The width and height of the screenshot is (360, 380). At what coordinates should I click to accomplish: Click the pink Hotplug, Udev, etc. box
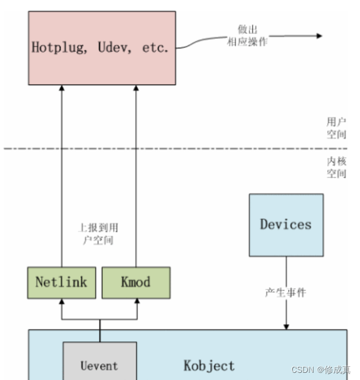point(102,48)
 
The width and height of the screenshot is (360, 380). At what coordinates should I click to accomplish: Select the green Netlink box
point(61,282)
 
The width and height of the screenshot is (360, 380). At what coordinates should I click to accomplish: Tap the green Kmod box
point(136,282)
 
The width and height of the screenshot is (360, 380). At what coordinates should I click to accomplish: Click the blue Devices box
point(286,225)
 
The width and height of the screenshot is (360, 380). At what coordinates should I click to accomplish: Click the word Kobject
point(208,365)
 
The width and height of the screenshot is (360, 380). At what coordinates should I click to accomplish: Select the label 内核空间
point(336,167)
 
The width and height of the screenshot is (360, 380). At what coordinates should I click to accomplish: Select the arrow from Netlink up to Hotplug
point(61,179)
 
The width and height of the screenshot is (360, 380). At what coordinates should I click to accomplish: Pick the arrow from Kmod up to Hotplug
point(136,179)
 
